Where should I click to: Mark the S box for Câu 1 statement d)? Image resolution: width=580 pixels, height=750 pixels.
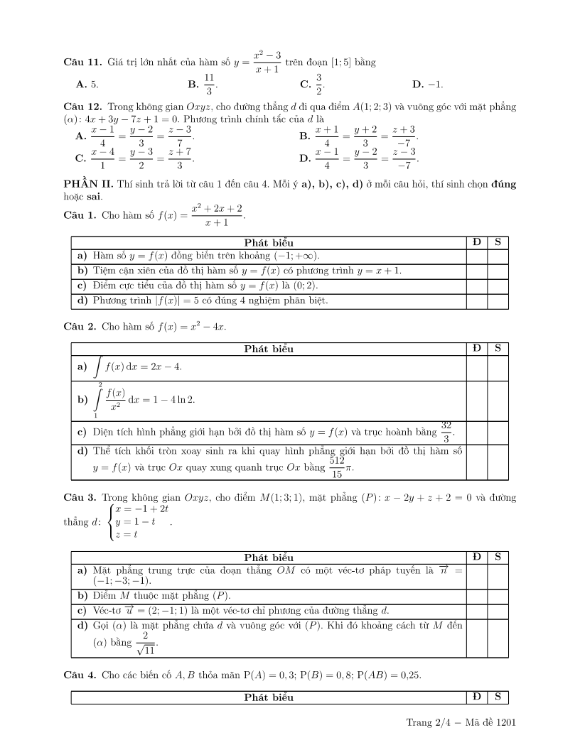coord(498,301)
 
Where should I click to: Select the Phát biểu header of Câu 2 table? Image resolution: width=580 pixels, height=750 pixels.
coord(269,349)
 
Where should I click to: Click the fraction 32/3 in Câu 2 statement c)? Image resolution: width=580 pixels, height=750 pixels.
coord(446,430)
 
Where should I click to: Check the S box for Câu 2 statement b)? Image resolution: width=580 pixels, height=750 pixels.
coord(498,399)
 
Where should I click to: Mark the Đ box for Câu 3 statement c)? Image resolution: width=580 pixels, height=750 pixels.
coord(476,611)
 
